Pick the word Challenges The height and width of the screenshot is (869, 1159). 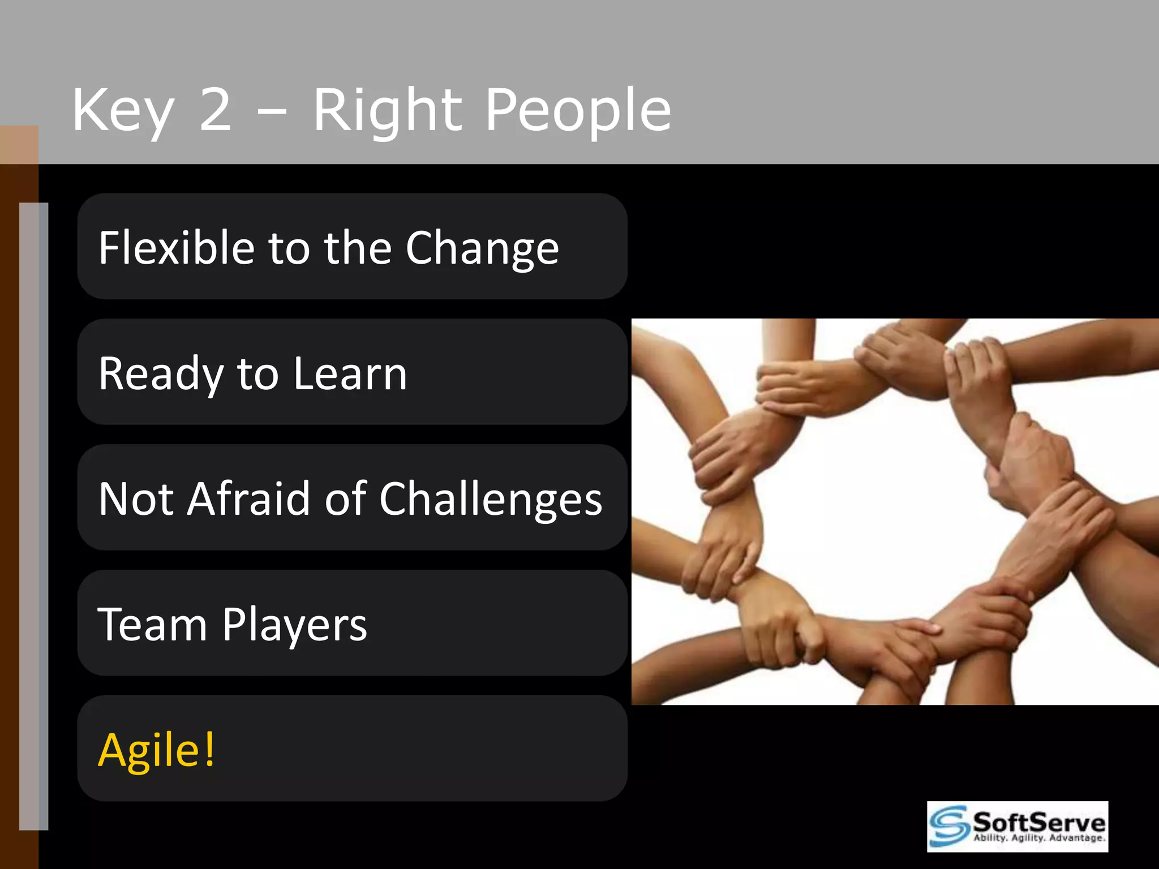tap(490, 500)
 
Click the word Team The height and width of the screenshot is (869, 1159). tap(152, 625)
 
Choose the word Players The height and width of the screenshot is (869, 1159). tap(294, 626)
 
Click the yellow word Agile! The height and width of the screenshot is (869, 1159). tap(156, 750)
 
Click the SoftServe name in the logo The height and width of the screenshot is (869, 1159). tap(1038, 821)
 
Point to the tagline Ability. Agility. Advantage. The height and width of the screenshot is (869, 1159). tap(1039, 838)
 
